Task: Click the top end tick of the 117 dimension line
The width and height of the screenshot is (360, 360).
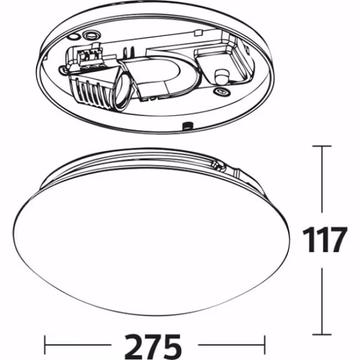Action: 322,146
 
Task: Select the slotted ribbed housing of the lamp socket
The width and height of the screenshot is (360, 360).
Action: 90,89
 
